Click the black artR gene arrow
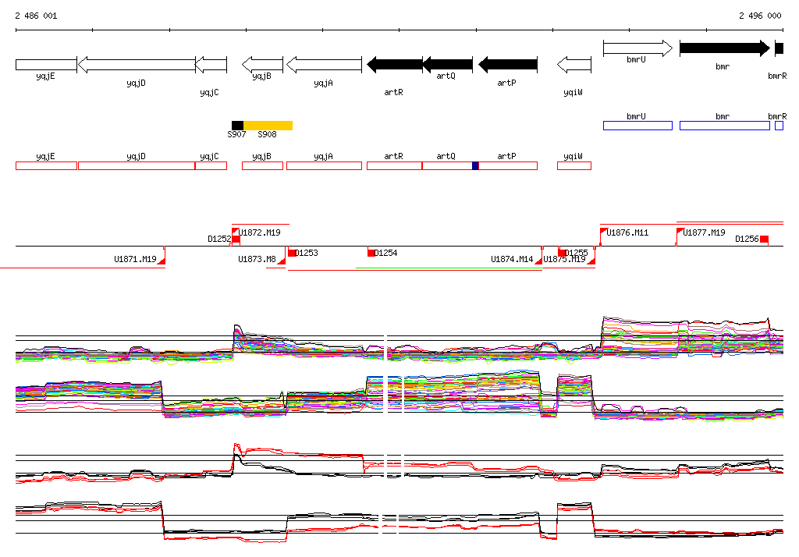394,64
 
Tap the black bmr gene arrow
724,48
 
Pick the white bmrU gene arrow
637,48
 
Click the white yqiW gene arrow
574,64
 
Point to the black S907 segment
237,125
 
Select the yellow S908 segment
268,125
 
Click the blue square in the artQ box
475,165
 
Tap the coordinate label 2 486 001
36,16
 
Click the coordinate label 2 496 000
760,16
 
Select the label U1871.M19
135,259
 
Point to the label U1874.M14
512,259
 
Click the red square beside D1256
765,239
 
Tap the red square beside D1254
371,253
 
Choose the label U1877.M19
705,232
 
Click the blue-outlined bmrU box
637,126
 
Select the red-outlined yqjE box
46,165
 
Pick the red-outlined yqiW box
574,165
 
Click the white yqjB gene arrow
262,64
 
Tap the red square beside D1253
292,253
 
